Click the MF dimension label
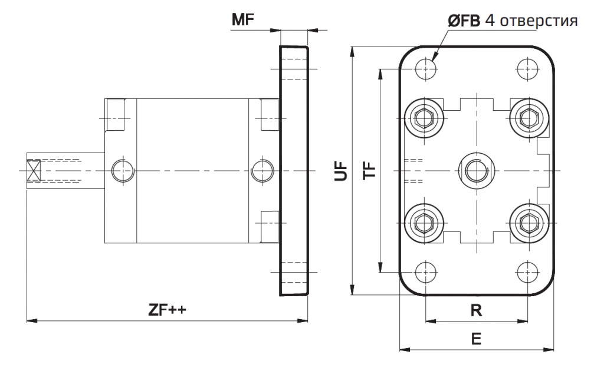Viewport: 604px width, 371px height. [x=242, y=20]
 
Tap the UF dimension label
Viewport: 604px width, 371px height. [x=341, y=171]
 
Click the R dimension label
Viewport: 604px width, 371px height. [x=476, y=310]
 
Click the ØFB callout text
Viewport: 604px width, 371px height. [x=464, y=21]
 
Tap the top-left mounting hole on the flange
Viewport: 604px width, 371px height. [x=425, y=69]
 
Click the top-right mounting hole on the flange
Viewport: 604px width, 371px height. [x=527, y=69]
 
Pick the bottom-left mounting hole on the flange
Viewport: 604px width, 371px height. [x=425, y=273]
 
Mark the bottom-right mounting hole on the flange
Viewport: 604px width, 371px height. [x=527, y=273]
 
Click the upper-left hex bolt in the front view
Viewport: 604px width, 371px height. [x=424, y=118]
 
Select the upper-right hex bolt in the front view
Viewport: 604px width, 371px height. [x=528, y=118]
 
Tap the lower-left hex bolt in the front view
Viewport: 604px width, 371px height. [x=424, y=224]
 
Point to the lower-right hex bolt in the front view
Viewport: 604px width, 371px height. [x=528, y=224]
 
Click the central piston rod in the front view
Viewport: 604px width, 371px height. [x=476, y=171]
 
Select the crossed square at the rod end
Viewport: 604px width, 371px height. [x=33, y=171]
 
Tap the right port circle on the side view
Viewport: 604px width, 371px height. [x=262, y=171]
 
